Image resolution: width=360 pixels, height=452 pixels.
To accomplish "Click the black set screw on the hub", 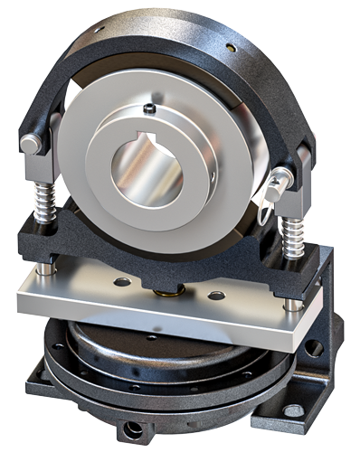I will click(x=148, y=110).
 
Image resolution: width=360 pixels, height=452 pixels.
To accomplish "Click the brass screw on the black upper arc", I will click(x=232, y=47).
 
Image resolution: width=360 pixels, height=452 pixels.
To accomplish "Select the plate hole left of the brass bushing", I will click(x=121, y=282).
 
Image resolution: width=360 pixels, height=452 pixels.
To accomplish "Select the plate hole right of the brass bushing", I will click(x=216, y=296).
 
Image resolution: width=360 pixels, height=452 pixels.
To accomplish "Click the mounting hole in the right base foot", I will click(x=292, y=411).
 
